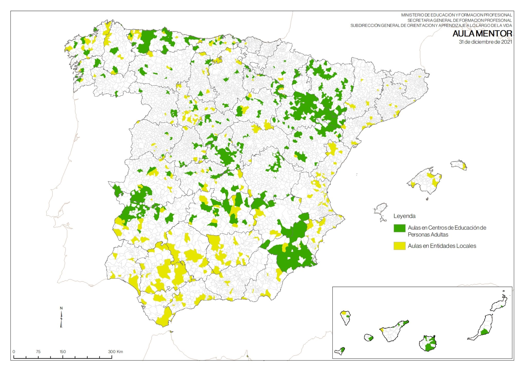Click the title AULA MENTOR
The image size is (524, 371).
click(482, 33)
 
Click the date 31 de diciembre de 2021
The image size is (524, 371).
click(485, 42)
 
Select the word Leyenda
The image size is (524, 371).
click(404, 216)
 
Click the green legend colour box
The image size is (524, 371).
click(399, 228)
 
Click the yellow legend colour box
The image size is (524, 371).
click(399, 246)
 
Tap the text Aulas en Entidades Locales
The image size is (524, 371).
click(442, 246)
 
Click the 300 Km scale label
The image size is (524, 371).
click(115, 351)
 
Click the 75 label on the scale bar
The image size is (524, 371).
click(38, 351)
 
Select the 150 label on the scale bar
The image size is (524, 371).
click(63, 351)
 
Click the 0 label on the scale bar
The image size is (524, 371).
click(14, 351)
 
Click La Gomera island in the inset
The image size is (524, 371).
click(368, 337)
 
